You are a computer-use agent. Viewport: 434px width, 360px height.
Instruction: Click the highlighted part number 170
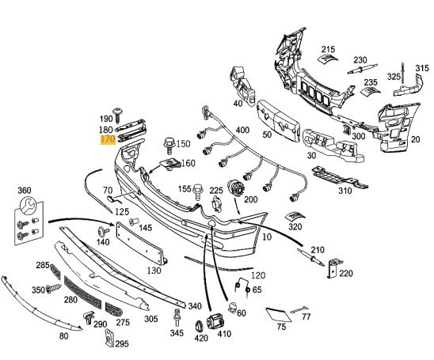click(x=108, y=139)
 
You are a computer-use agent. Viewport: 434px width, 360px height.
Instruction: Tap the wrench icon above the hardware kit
click(x=28, y=205)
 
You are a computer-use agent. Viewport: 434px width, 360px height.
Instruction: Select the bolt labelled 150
click(x=169, y=146)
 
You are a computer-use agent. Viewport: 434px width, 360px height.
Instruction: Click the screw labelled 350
click(x=54, y=289)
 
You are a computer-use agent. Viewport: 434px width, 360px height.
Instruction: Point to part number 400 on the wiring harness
click(x=242, y=130)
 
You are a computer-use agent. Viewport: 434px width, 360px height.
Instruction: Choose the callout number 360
click(x=25, y=190)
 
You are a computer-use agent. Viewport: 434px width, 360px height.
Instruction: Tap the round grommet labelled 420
click(x=200, y=327)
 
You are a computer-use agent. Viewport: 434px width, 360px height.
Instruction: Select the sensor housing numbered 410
click(x=216, y=322)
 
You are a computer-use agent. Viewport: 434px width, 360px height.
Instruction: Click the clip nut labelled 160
click(x=169, y=165)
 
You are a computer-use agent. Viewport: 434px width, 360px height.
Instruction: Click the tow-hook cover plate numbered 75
click(x=279, y=315)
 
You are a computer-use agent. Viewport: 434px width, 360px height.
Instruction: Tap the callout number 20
click(x=416, y=139)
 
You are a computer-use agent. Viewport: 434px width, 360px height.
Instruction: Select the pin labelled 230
click(x=362, y=69)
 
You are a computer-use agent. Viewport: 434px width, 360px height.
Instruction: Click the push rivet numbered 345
click(x=177, y=318)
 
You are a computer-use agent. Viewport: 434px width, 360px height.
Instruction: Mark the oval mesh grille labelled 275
click(x=113, y=309)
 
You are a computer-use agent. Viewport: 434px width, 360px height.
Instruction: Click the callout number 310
click(x=345, y=191)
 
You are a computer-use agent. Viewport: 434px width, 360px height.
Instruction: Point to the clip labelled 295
click(x=110, y=337)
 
